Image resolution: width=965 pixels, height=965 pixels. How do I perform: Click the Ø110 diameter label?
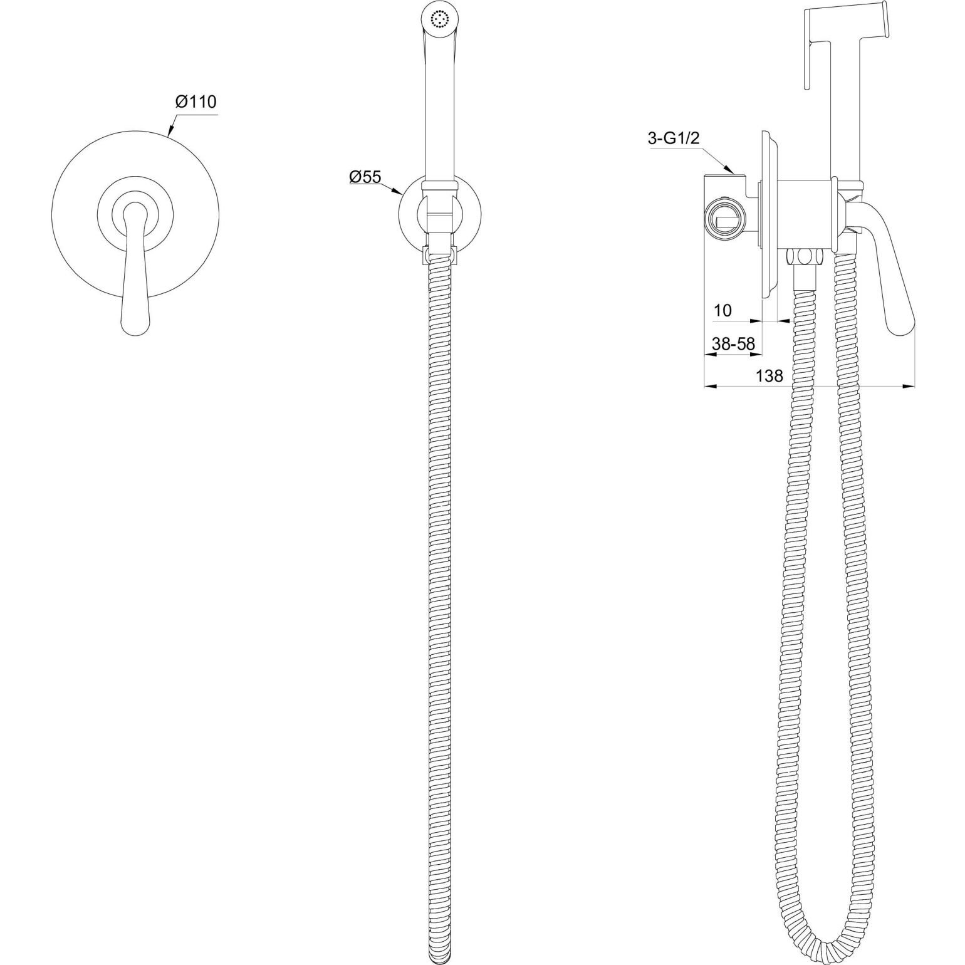pos(196,102)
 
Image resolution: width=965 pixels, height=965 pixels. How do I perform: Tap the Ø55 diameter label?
pos(365,177)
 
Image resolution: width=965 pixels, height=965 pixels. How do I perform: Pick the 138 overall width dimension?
pos(769,375)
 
